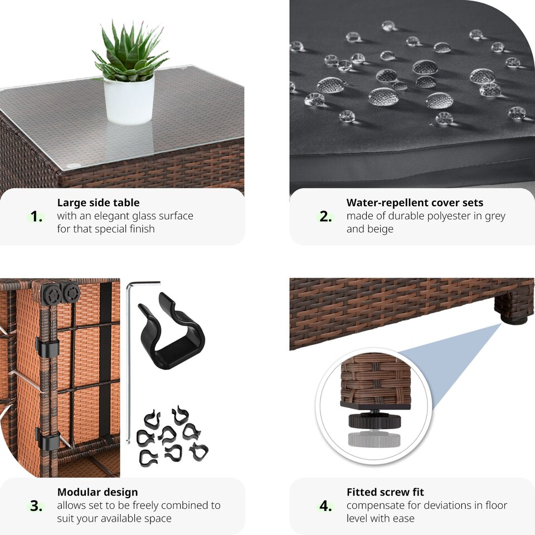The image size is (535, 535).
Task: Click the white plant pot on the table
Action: (x=129, y=100)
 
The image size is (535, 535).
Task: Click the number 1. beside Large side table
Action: (x=36, y=217)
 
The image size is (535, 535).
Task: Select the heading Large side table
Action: (x=98, y=203)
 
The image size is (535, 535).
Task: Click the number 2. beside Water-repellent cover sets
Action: (x=325, y=217)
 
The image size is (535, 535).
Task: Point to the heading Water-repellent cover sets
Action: (x=415, y=203)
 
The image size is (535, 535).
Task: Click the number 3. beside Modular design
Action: (x=36, y=506)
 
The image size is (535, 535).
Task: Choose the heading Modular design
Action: (x=98, y=492)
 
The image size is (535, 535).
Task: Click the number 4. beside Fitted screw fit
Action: (x=325, y=506)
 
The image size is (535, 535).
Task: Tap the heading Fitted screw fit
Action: (x=385, y=492)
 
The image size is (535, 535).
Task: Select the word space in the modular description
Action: (x=158, y=518)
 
